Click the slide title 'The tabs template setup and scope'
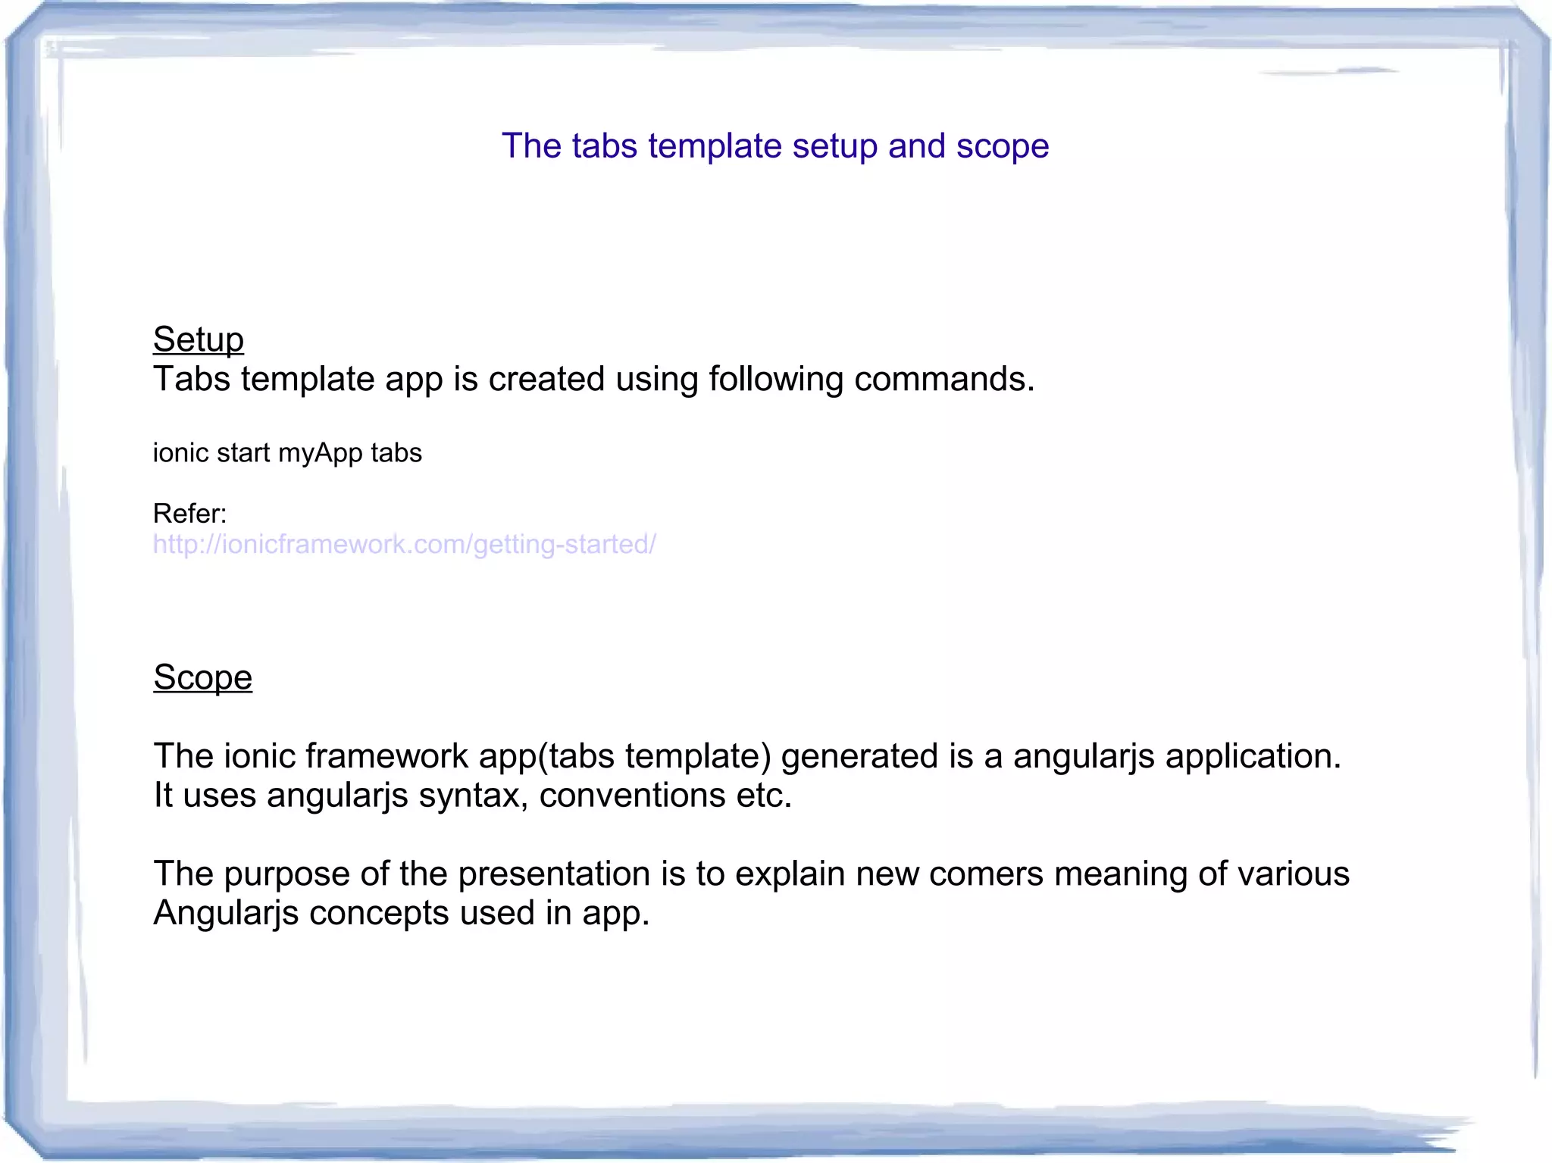(x=775, y=145)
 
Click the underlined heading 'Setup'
(x=199, y=339)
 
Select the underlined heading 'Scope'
(x=202, y=677)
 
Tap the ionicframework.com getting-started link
(x=404, y=544)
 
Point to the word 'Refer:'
(x=189, y=514)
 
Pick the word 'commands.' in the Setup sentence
(x=944, y=379)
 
